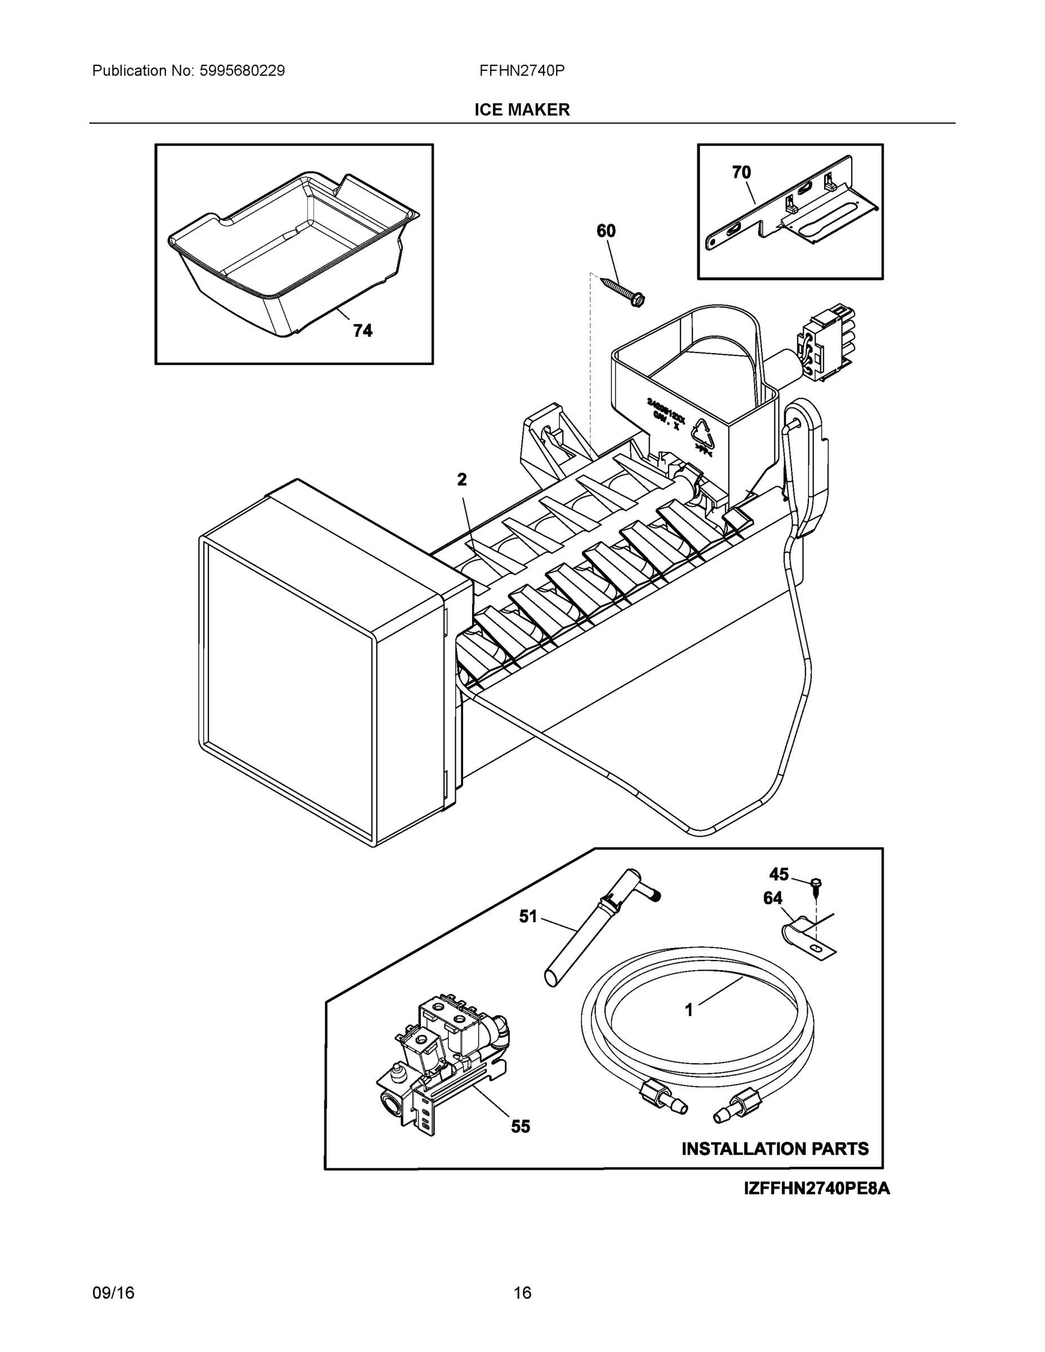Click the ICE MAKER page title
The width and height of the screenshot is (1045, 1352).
(x=522, y=110)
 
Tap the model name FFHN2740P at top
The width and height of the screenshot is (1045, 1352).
(x=521, y=70)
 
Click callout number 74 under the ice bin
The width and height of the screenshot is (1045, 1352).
(x=363, y=331)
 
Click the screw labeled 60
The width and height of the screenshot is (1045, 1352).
(x=625, y=291)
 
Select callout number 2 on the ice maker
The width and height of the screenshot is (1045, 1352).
(x=462, y=479)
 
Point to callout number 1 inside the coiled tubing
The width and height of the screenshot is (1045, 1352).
(x=688, y=1010)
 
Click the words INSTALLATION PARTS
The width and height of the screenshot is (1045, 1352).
(x=775, y=1149)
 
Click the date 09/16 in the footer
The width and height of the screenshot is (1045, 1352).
(x=113, y=1293)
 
